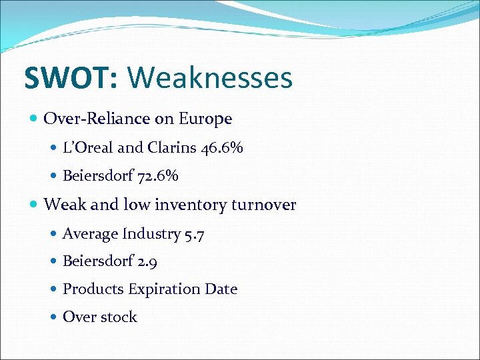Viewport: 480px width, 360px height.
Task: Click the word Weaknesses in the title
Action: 209,78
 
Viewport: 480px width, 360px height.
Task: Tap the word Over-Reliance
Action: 97,119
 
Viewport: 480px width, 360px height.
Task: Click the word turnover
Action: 263,205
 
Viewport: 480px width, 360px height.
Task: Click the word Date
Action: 222,289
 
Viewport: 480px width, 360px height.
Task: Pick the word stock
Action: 119,317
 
